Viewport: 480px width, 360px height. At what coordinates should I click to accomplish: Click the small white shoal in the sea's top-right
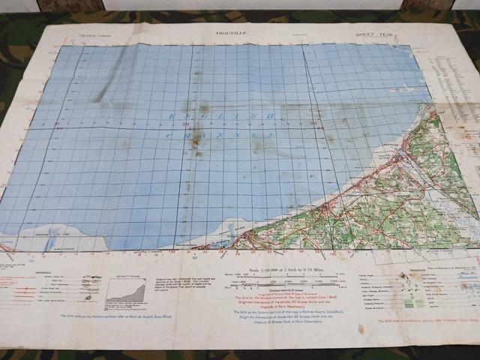pos(406,89)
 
